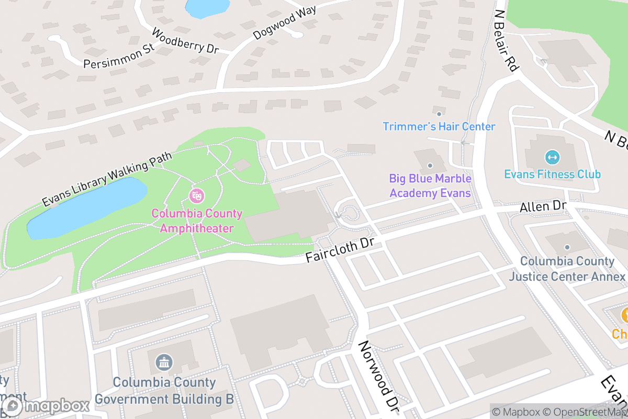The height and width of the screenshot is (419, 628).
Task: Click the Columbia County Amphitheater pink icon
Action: (197, 196)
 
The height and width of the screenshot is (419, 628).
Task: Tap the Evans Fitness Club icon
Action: (552, 157)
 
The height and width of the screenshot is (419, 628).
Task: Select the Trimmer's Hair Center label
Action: (439, 127)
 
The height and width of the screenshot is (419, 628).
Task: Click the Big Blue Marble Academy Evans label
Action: (430, 185)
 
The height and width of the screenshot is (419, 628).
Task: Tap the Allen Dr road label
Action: (543, 206)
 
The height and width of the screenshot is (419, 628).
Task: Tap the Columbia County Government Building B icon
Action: (164, 361)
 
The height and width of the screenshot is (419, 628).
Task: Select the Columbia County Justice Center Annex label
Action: (567, 268)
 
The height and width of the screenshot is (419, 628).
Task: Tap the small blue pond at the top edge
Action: (208, 6)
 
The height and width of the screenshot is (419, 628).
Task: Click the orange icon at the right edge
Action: (624, 315)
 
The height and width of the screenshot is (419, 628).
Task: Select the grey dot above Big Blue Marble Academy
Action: (430, 166)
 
